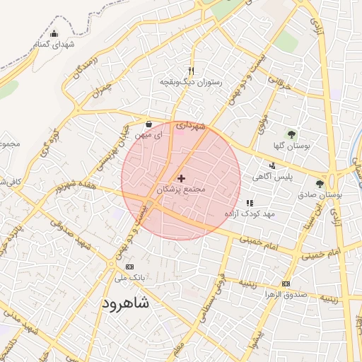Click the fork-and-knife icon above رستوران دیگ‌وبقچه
191,71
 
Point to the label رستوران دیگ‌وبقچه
191,82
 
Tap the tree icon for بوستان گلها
291,134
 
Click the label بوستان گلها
291,146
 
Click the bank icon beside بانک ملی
129,267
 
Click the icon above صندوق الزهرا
285,284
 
